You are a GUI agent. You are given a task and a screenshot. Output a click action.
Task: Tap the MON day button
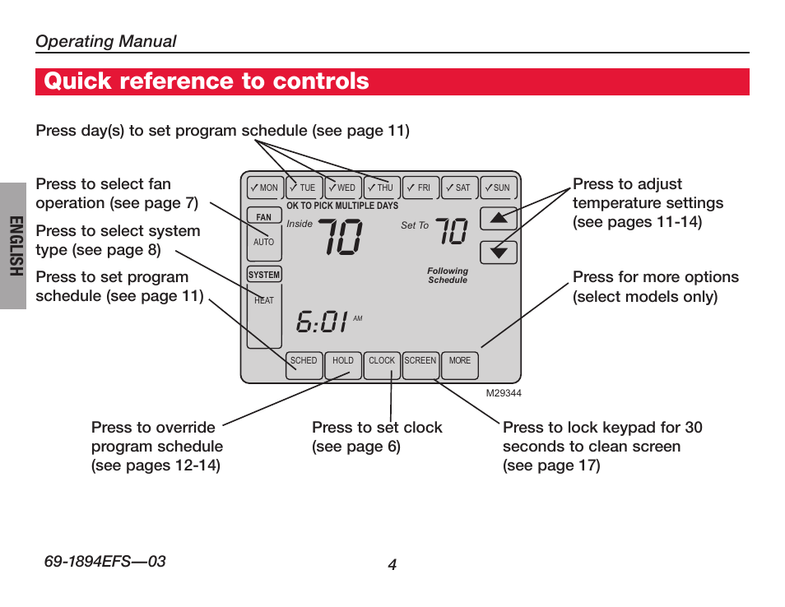click(x=265, y=188)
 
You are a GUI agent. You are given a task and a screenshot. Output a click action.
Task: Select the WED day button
click(x=343, y=188)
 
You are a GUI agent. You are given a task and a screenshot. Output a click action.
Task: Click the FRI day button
click(x=421, y=188)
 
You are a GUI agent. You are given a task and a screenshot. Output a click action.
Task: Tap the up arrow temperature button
click(x=499, y=218)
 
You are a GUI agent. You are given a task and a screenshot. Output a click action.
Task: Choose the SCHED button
click(x=304, y=365)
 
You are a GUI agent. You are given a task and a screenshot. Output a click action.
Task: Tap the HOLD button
click(x=343, y=365)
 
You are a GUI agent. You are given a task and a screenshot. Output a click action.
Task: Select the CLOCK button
click(x=382, y=365)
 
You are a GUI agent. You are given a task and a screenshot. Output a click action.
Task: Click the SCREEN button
click(x=420, y=365)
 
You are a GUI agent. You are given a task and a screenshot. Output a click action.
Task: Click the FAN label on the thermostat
click(x=264, y=216)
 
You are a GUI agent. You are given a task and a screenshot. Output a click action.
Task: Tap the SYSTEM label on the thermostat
click(x=264, y=275)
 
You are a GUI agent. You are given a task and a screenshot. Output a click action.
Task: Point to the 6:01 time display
click(x=322, y=322)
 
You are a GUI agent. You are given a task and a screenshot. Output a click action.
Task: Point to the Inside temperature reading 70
click(x=341, y=237)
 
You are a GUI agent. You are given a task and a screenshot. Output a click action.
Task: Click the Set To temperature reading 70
click(x=452, y=230)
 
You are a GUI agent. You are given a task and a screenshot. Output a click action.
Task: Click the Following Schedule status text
click(x=448, y=276)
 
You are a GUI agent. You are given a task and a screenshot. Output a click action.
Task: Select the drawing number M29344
click(x=504, y=393)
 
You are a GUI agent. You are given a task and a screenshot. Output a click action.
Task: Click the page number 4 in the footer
click(x=392, y=564)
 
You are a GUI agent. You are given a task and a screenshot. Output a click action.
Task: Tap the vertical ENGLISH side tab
click(x=16, y=246)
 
